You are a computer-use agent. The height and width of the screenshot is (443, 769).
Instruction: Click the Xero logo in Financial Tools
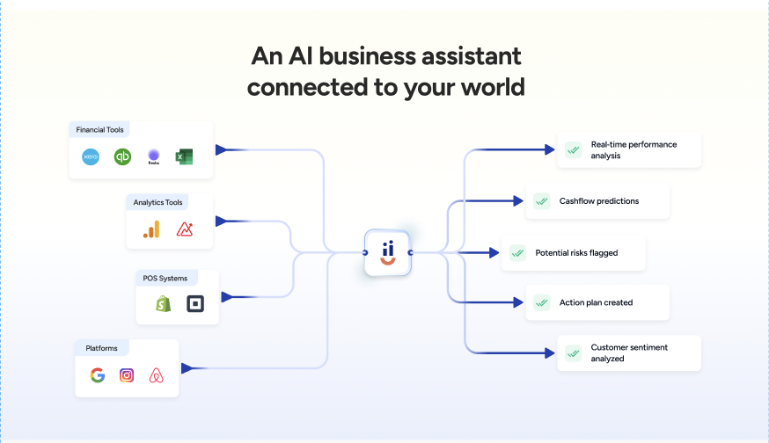(x=91, y=157)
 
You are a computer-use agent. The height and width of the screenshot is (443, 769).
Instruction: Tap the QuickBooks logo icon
(x=122, y=157)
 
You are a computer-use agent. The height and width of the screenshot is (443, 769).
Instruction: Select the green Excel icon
(x=183, y=157)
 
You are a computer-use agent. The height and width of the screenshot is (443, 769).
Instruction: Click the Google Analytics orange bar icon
(x=152, y=229)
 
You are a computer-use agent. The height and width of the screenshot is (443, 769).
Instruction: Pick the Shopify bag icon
(x=163, y=304)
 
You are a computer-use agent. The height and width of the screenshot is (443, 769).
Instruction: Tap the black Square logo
(x=194, y=304)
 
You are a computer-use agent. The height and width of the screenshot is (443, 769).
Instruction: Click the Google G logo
(x=98, y=375)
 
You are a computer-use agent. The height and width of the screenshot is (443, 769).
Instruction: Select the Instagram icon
(x=127, y=375)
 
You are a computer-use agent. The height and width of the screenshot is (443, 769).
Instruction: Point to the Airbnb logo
(x=157, y=375)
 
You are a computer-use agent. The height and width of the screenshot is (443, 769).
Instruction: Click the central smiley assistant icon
(x=388, y=252)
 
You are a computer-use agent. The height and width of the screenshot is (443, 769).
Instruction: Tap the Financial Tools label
(x=99, y=130)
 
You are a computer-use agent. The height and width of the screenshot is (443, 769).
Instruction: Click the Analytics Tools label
(x=157, y=203)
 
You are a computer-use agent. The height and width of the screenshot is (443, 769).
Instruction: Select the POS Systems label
(x=165, y=279)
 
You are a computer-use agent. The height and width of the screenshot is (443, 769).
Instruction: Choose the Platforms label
(x=101, y=348)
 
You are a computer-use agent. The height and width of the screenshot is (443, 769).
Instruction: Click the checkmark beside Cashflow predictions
(x=542, y=201)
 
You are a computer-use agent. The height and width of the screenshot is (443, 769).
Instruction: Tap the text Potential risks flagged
(x=576, y=253)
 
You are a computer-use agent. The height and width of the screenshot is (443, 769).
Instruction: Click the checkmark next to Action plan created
(x=542, y=303)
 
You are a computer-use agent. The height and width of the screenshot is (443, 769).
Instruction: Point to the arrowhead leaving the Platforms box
(x=187, y=368)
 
